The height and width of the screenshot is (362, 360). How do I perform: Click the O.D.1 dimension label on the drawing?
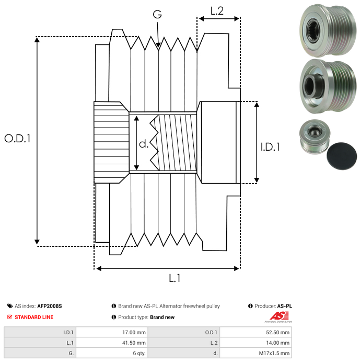pyautogui.click(x=18, y=139)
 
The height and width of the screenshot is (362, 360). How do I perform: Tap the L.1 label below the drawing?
pyautogui.click(x=174, y=279)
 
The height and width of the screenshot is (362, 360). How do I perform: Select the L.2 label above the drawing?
pyautogui.click(x=217, y=10)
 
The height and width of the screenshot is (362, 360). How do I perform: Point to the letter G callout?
pyautogui.click(x=157, y=15)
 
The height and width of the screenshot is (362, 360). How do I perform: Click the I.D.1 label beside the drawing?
pyautogui.click(x=270, y=147)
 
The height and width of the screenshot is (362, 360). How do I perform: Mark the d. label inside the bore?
pyautogui.click(x=144, y=143)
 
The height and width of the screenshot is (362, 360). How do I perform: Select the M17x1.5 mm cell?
pyautogui.click(x=273, y=354)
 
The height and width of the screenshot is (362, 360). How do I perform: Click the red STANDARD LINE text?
pyautogui.click(x=34, y=317)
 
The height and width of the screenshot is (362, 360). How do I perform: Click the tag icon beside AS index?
pyautogui.click(x=10, y=306)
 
